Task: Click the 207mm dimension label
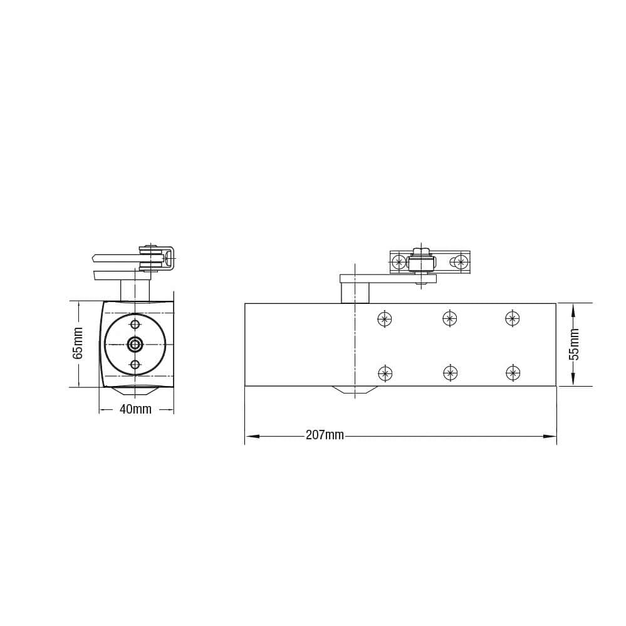click(x=325, y=435)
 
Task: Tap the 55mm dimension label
click(x=574, y=345)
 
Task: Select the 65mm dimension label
click(x=78, y=343)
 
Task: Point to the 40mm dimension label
click(x=136, y=409)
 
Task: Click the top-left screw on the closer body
click(x=385, y=318)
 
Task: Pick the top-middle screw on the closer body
click(x=450, y=318)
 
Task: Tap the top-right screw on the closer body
click(x=513, y=318)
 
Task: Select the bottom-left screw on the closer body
click(x=385, y=373)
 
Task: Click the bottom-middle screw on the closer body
click(x=451, y=373)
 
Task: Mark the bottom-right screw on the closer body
click(x=513, y=373)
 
